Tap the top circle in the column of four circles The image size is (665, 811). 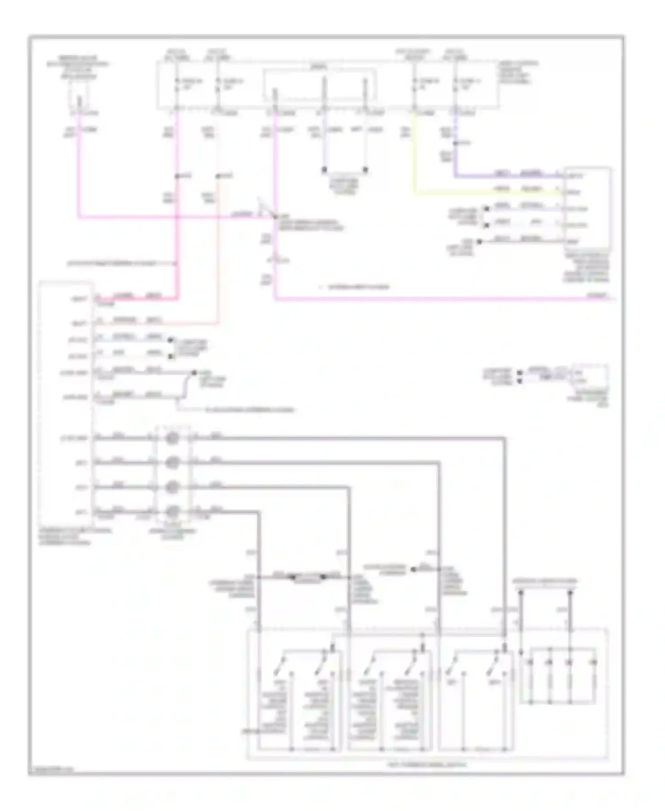tap(172, 438)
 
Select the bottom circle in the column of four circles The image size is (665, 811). tap(172, 512)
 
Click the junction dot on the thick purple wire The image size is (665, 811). tap(455, 143)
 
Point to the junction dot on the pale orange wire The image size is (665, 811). tap(218, 177)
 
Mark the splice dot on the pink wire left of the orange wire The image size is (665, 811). tap(177, 177)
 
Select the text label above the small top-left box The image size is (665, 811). tap(78, 67)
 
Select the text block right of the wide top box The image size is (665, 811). tap(519, 73)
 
